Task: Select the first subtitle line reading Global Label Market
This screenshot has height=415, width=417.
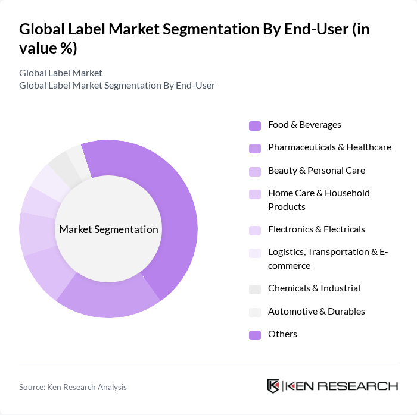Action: coord(61,73)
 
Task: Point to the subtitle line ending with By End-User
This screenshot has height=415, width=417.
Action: coord(117,85)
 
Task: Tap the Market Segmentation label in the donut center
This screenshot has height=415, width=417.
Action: coord(108,229)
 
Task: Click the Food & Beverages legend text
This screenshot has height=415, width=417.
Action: coord(304,125)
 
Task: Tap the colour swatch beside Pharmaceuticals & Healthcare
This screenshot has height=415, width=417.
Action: coord(255,148)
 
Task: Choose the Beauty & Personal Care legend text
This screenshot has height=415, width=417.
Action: coord(316,171)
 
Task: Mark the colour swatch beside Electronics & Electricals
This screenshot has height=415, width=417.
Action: coord(255,230)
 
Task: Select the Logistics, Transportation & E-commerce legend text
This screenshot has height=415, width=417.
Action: coord(328,259)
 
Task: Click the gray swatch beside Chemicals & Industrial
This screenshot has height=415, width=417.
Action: coord(255,289)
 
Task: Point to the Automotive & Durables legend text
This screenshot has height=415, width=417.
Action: coord(316,312)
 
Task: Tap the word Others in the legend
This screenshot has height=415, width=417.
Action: coord(282,334)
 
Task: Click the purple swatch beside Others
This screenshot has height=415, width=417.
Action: coord(255,335)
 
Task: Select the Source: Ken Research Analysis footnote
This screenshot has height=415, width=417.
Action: coord(73,387)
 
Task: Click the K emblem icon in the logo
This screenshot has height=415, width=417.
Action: coord(273,386)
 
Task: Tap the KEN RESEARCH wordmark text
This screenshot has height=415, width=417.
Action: coord(342,386)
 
